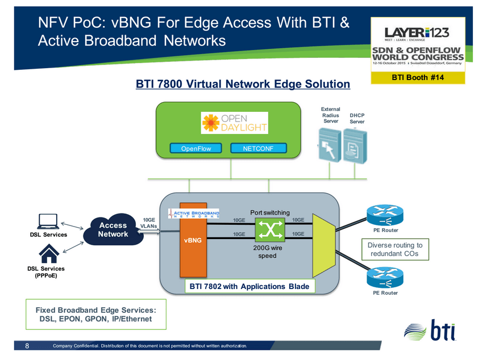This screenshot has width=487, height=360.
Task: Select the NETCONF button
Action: pyautogui.click(x=259, y=149)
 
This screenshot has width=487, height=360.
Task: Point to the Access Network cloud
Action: pyautogui.click(x=112, y=230)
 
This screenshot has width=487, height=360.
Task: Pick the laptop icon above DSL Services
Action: pyautogui.click(x=48, y=220)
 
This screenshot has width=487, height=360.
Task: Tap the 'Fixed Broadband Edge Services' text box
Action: pyautogui.click(x=95, y=314)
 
